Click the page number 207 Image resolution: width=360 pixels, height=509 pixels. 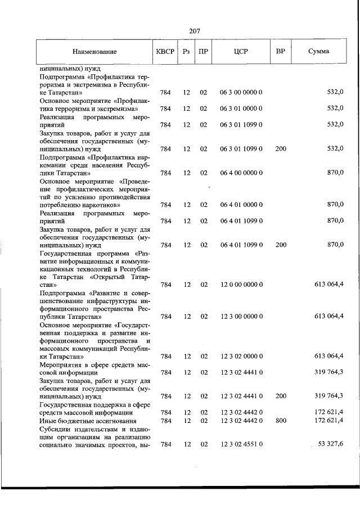pyautogui.click(x=196, y=31)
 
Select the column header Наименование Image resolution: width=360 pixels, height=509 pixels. pyautogui.click(x=94, y=52)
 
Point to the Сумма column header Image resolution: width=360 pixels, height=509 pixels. pyautogui.click(x=319, y=52)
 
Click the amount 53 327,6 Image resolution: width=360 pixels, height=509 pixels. pyautogui.click(x=330, y=444)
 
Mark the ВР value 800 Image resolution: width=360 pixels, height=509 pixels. pyautogui.click(x=281, y=421)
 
